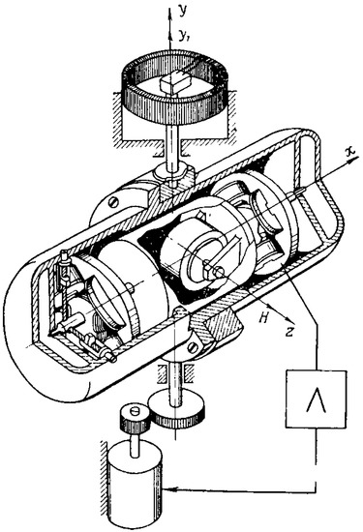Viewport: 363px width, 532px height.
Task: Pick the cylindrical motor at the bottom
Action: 134,489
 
